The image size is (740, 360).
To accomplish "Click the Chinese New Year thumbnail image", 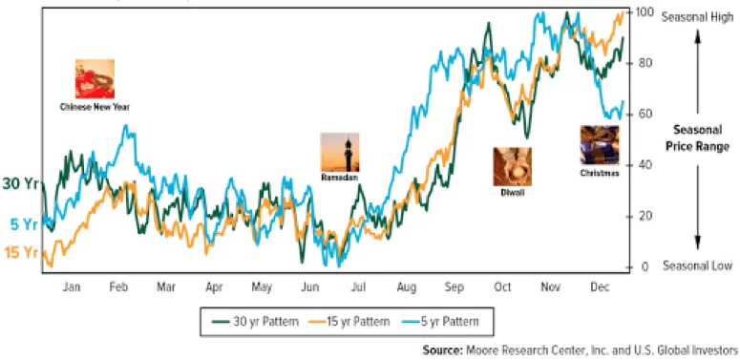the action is coord(95,79).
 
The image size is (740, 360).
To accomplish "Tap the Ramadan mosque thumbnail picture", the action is coord(340,153).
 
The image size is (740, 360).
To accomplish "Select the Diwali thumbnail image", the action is coord(512,166).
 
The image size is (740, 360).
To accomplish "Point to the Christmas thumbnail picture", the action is coord(600,145).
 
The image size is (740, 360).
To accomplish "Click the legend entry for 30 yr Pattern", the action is coord(255,322).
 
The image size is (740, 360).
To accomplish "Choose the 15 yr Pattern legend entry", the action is coord(349,322).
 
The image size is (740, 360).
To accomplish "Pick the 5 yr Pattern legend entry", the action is coord(439,322).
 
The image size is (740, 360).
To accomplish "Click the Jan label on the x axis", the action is coord(72,286).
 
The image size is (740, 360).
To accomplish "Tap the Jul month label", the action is coord(359,286).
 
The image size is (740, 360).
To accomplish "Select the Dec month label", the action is coord(600,286).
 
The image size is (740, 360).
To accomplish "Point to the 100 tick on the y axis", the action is coord(644,11).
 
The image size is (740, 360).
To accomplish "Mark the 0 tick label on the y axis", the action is coord(642,267).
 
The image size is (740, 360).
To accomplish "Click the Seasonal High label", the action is coord(698,17).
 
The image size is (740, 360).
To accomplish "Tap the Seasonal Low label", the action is coord(698,265).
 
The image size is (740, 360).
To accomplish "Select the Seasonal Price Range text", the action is coord(698,138).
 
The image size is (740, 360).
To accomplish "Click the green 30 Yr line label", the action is coord(20,183).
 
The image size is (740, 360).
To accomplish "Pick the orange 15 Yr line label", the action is coord(21,252).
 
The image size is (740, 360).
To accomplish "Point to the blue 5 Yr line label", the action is coord(24,224).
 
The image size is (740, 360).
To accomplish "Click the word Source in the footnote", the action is coord(443,350).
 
